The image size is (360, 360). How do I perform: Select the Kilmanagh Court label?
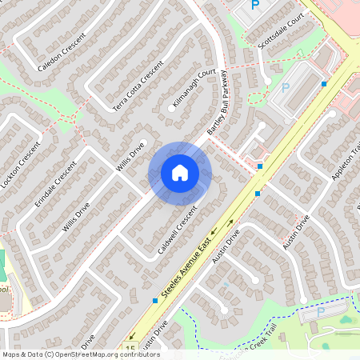pos(194,89)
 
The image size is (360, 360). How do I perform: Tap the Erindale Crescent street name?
pos(55,183)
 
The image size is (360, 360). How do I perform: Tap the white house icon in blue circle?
pos(180,173)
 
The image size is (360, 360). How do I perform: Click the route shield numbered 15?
pos(130,349)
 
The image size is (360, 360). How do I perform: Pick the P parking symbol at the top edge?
pos(255,5)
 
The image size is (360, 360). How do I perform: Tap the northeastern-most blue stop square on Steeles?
pos(324,83)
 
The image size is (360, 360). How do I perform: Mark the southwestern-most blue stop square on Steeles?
pos(154,301)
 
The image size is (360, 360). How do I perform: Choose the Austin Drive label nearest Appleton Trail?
pos(296,231)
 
